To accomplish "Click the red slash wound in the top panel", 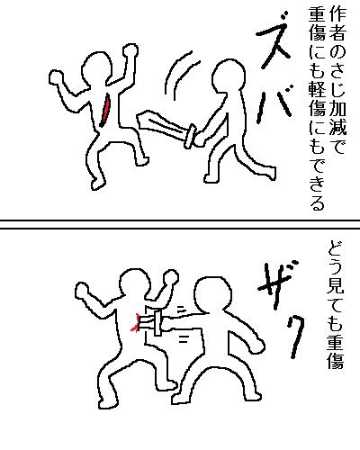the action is [x=105, y=111].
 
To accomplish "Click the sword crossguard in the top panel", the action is [x=190, y=136].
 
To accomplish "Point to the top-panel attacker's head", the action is [x=229, y=76].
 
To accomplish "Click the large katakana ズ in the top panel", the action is [x=273, y=38].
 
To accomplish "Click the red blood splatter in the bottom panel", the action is [x=135, y=323].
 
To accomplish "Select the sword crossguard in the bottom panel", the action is [x=157, y=323].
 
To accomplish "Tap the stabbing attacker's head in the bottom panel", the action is [x=212, y=295].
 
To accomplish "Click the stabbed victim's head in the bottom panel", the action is [x=135, y=284].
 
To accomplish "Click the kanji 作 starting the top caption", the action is [x=337, y=13].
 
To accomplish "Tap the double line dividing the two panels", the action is [x=180, y=225].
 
